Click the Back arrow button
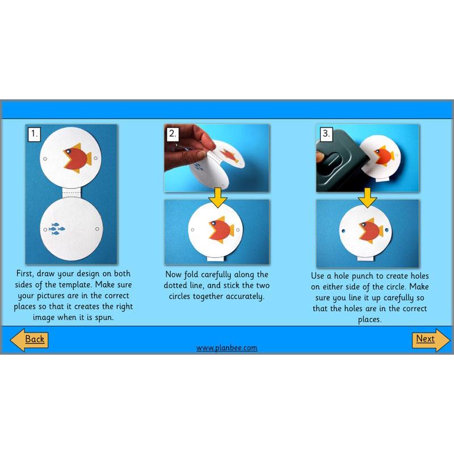point(30,339)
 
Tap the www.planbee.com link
point(226,347)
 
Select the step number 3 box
point(326,134)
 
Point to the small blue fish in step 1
point(57,229)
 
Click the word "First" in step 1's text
point(27,274)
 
